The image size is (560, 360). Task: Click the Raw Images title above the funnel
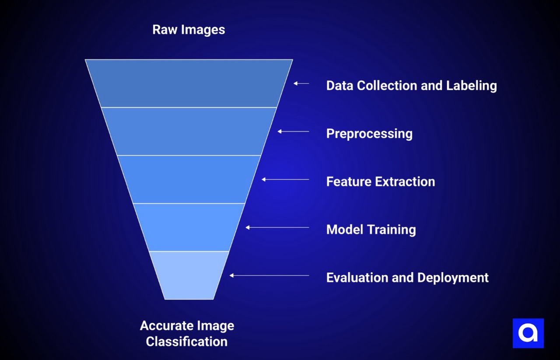(x=189, y=30)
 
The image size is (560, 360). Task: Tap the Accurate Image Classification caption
(x=187, y=333)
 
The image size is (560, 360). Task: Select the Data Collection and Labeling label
(x=411, y=85)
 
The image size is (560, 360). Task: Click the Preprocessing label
(x=369, y=133)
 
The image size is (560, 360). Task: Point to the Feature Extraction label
(x=381, y=182)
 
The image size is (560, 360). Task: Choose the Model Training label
(x=371, y=230)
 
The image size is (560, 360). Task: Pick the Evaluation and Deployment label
(x=407, y=278)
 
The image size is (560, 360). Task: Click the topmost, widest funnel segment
(x=189, y=83)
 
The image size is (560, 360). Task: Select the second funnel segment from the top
(x=189, y=131)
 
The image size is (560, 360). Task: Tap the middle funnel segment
(x=189, y=179)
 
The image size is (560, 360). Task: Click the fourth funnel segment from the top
(x=189, y=227)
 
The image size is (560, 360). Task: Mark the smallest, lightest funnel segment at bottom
(x=189, y=275)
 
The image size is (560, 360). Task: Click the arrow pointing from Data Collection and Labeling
(x=301, y=83)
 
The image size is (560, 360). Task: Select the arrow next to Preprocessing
(x=293, y=131)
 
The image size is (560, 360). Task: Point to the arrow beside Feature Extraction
(x=285, y=179)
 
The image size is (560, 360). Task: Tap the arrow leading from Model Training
(x=277, y=227)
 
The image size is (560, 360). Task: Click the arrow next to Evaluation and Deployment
(x=269, y=276)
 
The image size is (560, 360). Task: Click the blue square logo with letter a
(x=528, y=333)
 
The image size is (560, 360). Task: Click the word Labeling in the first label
(x=471, y=85)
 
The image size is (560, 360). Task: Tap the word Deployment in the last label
(x=453, y=278)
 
